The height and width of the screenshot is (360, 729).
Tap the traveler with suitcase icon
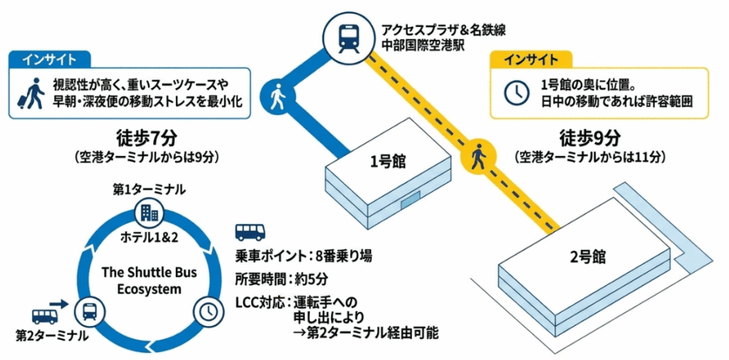coord(30,93)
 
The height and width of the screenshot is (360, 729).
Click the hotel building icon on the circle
coord(149,212)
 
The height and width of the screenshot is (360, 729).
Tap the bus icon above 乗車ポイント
coord(249,232)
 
